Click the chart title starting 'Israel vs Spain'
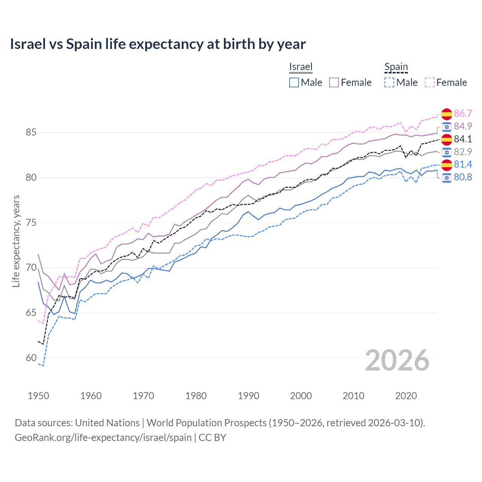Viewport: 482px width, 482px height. pyautogui.click(x=158, y=44)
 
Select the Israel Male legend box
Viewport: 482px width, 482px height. pyautogui.click(x=294, y=82)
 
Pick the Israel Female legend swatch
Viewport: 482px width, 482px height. pyautogui.click(x=334, y=82)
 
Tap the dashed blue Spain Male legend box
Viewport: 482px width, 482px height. pyautogui.click(x=389, y=82)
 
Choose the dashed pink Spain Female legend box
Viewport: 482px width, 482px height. pyautogui.click(x=430, y=82)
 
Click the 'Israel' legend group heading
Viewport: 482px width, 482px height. pyautogui.click(x=301, y=67)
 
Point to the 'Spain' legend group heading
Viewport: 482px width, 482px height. pyautogui.click(x=396, y=67)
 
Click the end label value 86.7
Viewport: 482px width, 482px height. pyautogui.click(x=463, y=113)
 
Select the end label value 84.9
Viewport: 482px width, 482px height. pyautogui.click(x=463, y=126)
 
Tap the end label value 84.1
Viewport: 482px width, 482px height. pyautogui.click(x=463, y=139)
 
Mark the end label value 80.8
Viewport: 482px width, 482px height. pyautogui.click(x=463, y=177)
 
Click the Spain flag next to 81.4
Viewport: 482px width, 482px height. pyautogui.click(x=447, y=165)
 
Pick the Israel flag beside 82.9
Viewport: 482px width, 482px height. pyautogui.click(x=447, y=152)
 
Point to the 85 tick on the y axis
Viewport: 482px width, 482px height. pyautogui.click(x=31, y=133)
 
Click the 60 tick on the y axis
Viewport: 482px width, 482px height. pyautogui.click(x=31, y=358)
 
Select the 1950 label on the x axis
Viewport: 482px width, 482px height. pyautogui.click(x=38, y=396)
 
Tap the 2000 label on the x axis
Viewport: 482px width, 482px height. pyautogui.click(x=301, y=396)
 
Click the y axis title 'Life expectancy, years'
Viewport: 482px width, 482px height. pyautogui.click(x=16, y=241)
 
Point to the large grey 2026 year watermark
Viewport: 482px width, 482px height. pyautogui.click(x=397, y=360)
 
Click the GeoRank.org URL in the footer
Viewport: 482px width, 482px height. pyautogui.click(x=103, y=438)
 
